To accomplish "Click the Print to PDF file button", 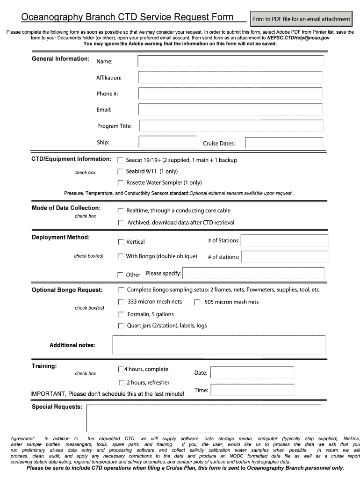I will click(x=301, y=19).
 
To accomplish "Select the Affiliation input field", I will click(x=230, y=78).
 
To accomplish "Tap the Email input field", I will click(x=230, y=109).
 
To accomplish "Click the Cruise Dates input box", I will click(x=284, y=143).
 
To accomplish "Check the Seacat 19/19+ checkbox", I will click(x=121, y=160).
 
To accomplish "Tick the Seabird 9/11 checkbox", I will click(x=121, y=172).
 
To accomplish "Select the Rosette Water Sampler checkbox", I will click(x=121, y=183).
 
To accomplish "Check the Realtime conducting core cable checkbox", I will click(x=121, y=211).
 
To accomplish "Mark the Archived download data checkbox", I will click(x=121, y=223).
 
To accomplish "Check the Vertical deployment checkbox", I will click(x=121, y=242).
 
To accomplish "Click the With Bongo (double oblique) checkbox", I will click(x=121, y=256).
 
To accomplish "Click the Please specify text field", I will click(x=253, y=273).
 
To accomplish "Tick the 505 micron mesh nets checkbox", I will click(x=197, y=302).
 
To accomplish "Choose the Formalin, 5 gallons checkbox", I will click(x=121, y=314).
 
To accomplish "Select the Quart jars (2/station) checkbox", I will click(x=121, y=326).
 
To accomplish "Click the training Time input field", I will click(x=252, y=390).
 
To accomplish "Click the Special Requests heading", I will click(x=57, y=407).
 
